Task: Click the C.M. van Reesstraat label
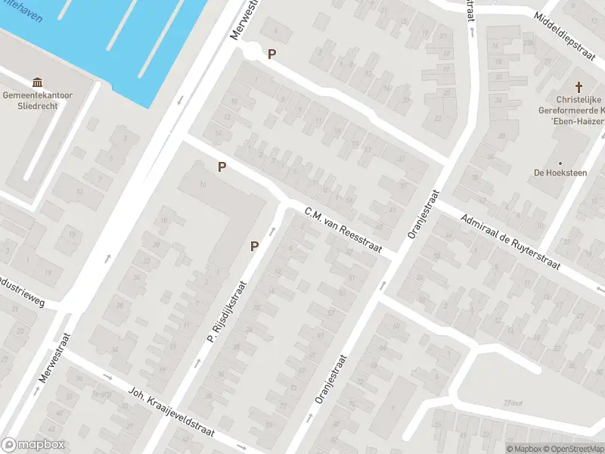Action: tap(343, 231)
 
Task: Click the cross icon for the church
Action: tap(580, 88)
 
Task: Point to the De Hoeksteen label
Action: tap(560, 173)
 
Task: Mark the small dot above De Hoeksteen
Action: tap(560, 162)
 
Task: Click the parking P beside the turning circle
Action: tap(271, 54)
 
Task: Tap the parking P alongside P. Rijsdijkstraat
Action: tap(255, 246)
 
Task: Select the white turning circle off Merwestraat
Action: tap(250, 51)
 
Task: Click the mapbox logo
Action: tap(33, 444)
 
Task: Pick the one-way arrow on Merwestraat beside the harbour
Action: tap(180, 101)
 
